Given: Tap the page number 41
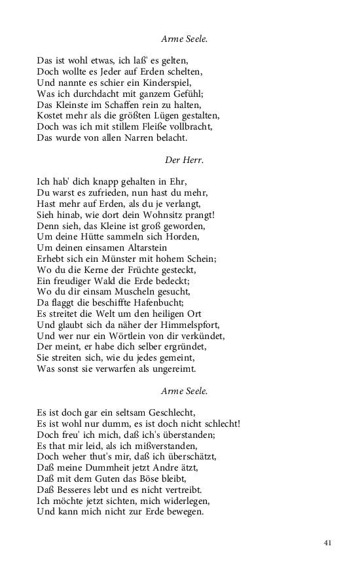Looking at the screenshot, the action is pos(329,542).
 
